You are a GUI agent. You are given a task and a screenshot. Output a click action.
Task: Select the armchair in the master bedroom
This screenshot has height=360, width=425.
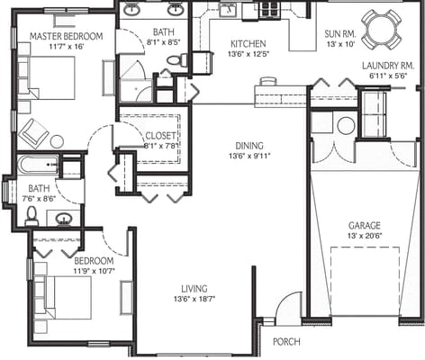pyautogui.click(x=33, y=131)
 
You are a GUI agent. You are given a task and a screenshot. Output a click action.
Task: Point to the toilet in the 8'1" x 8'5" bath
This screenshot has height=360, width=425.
pyautogui.click(x=176, y=60)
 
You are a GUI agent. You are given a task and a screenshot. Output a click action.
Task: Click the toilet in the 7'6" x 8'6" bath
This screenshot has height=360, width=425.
pyautogui.click(x=32, y=215)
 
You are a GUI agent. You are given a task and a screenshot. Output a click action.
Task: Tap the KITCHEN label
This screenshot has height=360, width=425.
pyautogui.click(x=247, y=43)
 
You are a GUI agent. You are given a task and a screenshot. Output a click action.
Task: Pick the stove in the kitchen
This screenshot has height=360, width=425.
pyautogui.click(x=268, y=10)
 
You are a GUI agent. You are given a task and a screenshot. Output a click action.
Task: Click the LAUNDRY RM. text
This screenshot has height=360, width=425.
pyautogui.click(x=387, y=66)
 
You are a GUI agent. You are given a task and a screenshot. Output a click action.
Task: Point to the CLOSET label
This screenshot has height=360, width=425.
pyautogui.click(x=160, y=136)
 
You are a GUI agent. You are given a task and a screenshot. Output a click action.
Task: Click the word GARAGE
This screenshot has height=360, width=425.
pyautogui.click(x=365, y=225)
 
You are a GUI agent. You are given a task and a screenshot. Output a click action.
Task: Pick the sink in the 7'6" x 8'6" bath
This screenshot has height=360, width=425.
pyautogui.click(x=63, y=218)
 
